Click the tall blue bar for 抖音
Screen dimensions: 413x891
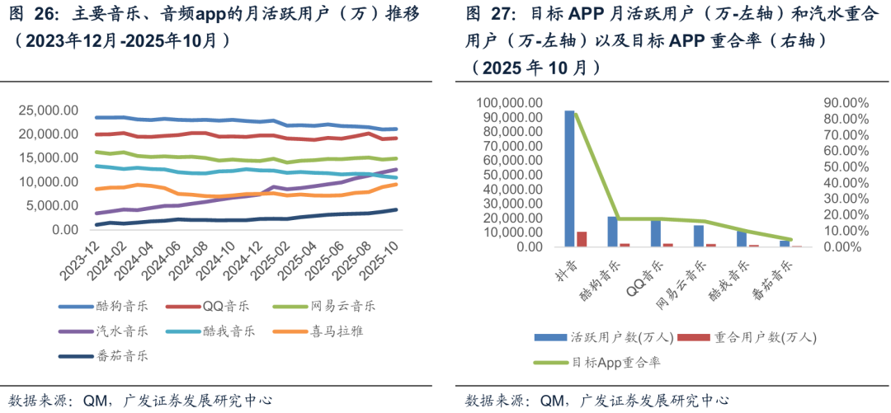tap(569, 178)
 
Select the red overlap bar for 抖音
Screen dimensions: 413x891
tap(582, 239)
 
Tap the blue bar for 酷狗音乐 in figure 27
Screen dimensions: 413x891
tap(612, 232)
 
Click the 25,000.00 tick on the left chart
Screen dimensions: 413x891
tap(49, 110)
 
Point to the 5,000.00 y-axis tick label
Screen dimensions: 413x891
tap(52, 205)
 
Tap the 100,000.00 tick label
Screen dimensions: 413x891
tap(509, 103)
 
